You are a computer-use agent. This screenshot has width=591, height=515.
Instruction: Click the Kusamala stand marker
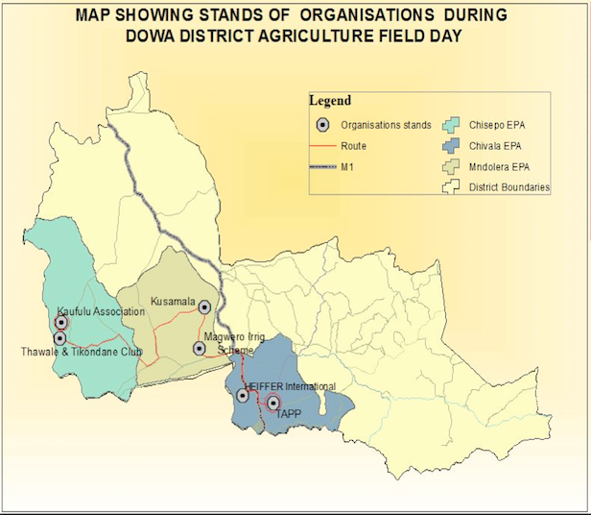point(204,307)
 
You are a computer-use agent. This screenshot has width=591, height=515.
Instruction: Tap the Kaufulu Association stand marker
point(61,323)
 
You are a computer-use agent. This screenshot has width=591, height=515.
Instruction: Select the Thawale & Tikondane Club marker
point(59,338)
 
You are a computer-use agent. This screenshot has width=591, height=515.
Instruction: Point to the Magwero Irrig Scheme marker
point(199,348)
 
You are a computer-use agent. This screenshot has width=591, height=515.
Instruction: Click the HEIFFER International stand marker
point(243,395)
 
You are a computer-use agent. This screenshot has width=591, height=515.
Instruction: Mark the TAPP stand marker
point(272,404)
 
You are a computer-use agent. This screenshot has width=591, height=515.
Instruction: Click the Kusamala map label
point(173,302)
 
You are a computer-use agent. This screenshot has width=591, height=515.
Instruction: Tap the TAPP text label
point(289,414)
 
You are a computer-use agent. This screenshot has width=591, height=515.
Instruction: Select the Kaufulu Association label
point(101,311)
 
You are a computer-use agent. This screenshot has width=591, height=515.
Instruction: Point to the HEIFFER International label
point(290,386)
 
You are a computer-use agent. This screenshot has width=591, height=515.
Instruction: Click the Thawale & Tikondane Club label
point(82,352)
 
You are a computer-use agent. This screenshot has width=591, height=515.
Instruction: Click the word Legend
point(330,101)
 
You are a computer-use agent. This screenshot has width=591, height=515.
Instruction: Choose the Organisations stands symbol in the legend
point(322,125)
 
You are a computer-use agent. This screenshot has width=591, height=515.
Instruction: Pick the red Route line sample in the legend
point(322,146)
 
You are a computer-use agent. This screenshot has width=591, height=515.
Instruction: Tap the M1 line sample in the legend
point(322,166)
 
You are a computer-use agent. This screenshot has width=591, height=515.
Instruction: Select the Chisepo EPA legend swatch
point(451,125)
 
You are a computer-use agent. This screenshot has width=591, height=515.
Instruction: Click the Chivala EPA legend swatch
point(451,146)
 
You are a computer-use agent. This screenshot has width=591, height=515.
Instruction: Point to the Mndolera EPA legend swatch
point(451,166)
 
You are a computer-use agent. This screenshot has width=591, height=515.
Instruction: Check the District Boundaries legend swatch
point(451,187)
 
